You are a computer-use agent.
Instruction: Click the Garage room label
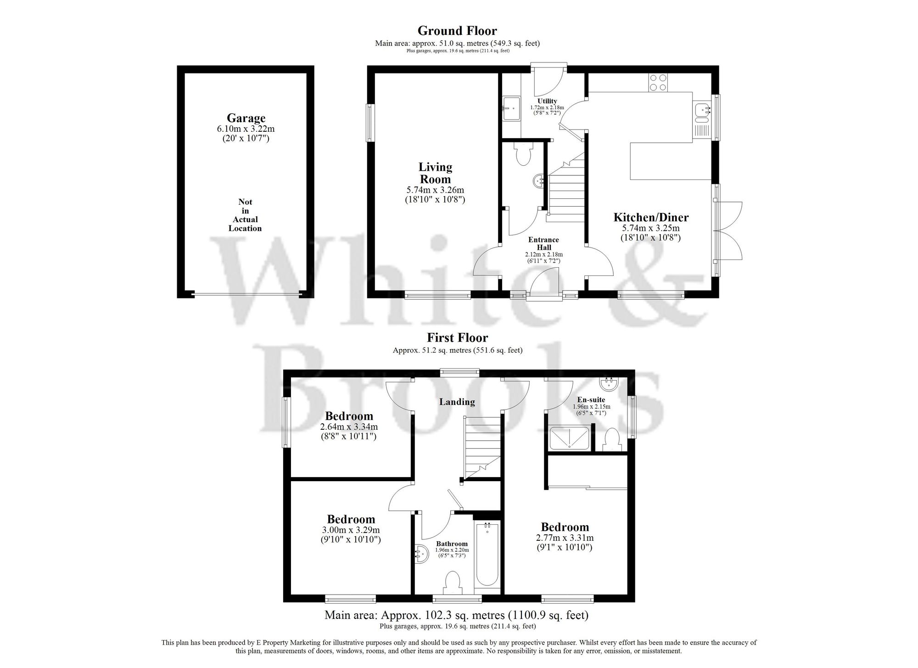[246, 118]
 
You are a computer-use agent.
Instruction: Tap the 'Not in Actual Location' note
[245, 215]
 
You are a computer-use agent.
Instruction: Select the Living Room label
[435, 173]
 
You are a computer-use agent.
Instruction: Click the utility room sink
[510, 108]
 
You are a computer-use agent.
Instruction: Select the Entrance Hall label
[543, 243]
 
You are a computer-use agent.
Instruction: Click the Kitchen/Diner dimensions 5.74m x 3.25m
[651, 228]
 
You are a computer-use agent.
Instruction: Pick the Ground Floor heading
[457, 31]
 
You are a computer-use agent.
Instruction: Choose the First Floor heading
[457, 338]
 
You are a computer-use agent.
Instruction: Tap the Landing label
[457, 402]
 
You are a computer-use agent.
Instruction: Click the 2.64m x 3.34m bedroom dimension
[349, 427]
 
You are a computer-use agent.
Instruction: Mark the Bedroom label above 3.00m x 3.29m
[351, 519]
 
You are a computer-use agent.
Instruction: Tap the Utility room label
[547, 101]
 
